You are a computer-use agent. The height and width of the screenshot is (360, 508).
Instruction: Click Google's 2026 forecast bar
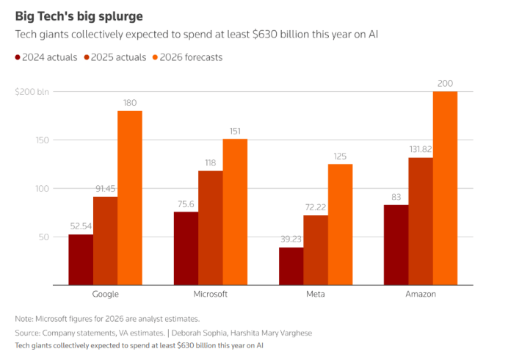coord(130,198)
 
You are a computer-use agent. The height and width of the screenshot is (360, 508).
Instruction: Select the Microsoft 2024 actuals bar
coord(186,248)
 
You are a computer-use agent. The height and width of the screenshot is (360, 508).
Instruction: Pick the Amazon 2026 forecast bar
coord(445,188)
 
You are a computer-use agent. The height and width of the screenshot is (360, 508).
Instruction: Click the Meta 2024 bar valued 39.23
coord(291,266)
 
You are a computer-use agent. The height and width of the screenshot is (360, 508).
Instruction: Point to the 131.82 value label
coord(421,149)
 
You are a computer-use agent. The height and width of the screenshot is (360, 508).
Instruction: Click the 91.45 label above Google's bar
coord(105,189)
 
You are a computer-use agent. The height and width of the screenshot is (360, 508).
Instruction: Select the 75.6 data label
coord(186,204)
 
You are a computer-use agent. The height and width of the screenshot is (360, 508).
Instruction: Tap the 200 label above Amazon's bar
coord(445,83)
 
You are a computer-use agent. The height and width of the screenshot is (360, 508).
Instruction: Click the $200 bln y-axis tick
coord(32,92)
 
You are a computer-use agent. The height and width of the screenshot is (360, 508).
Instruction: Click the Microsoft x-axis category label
coord(210,294)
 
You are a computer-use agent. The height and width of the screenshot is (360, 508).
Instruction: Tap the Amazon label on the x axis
coord(421,294)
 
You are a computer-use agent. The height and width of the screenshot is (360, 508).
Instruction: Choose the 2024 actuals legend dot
coord(18,57)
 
